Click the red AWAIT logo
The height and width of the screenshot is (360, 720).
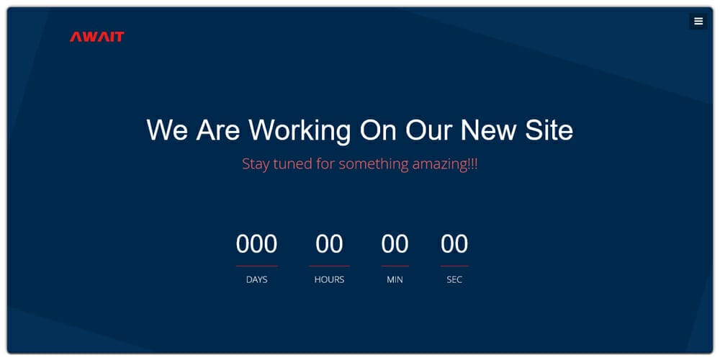pyautogui.click(x=96, y=37)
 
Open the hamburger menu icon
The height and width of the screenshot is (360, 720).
pyautogui.click(x=698, y=22)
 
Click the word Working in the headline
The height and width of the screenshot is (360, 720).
pyautogui.click(x=300, y=130)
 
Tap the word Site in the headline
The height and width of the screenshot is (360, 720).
pyautogui.click(x=548, y=130)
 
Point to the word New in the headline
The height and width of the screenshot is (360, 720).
pyautogui.click(x=488, y=130)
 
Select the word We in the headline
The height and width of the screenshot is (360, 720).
pyautogui.click(x=168, y=130)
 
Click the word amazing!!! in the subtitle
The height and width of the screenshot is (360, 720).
pyautogui.click(x=444, y=164)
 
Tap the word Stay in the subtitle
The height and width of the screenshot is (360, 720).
pyautogui.click(x=256, y=164)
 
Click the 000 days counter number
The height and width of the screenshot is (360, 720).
pyautogui.click(x=256, y=244)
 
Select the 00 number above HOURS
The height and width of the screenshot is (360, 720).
pyautogui.click(x=329, y=244)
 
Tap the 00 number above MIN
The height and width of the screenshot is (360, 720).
pyautogui.click(x=395, y=244)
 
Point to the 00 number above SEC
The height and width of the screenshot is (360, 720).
pyautogui.click(x=454, y=244)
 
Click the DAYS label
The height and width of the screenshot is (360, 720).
pyautogui.click(x=256, y=279)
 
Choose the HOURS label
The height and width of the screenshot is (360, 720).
pyautogui.click(x=329, y=279)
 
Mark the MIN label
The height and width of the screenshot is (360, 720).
pyautogui.click(x=395, y=279)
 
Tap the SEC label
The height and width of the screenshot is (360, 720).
pyautogui.click(x=454, y=279)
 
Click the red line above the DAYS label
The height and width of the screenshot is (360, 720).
pyautogui.click(x=256, y=266)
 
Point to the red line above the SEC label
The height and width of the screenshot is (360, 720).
pyautogui.click(x=454, y=266)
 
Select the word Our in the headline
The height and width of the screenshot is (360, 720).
pyautogui.click(x=428, y=130)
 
